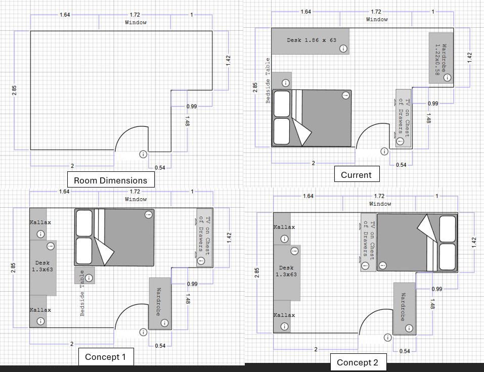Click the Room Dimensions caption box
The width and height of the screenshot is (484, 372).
click(111, 179)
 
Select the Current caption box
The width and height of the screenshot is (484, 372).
click(357, 174)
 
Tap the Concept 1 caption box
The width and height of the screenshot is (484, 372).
click(106, 357)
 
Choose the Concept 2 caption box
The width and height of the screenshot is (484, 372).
click(358, 362)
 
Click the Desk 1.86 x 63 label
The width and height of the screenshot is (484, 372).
click(312, 40)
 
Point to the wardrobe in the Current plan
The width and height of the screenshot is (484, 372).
click(441, 58)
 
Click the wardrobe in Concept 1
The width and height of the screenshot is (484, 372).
click(160, 304)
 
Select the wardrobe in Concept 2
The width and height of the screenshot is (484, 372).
click(405, 309)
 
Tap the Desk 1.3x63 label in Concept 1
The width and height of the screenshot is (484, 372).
click(42, 266)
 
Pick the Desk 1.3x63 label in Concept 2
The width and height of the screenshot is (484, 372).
click(286, 271)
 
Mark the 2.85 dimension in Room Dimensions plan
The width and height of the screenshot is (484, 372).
click(14, 90)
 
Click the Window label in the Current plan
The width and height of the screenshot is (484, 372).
click(377, 19)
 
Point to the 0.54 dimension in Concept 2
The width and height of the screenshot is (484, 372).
click(405, 351)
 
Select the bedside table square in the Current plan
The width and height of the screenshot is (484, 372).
click(282, 81)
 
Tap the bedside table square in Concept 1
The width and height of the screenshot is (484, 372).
click(84, 275)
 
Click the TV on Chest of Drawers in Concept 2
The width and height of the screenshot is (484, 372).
click(369, 243)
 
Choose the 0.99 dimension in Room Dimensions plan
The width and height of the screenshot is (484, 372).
click(191, 107)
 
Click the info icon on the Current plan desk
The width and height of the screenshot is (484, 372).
click(343, 49)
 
